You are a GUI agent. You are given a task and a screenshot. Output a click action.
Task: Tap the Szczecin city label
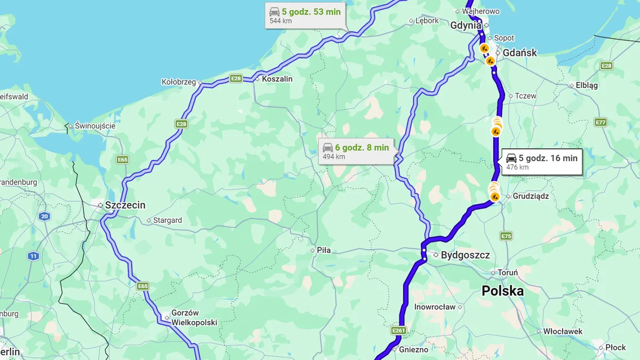(125, 205)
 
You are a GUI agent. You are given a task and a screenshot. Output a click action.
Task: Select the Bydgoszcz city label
(465, 255)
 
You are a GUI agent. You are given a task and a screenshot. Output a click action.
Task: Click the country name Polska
(502, 291)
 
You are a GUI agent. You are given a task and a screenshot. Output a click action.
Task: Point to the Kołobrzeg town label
(178, 82)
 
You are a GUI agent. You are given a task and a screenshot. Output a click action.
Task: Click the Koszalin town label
(277, 79)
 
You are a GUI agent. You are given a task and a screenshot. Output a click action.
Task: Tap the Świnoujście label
(95, 126)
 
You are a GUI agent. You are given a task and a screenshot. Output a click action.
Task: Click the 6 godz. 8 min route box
(356, 151)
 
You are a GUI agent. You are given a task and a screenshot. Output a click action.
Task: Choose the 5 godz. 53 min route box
(306, 15)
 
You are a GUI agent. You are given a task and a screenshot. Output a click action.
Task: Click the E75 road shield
(507, 236)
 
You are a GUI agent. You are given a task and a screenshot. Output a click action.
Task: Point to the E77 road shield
(601, 122)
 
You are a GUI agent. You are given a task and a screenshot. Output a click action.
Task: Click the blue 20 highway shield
(44, 216)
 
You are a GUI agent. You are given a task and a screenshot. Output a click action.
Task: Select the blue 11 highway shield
(34, 256)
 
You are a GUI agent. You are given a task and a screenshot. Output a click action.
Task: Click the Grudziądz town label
(530, 196)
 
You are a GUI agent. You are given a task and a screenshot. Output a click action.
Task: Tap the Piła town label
(323, 250)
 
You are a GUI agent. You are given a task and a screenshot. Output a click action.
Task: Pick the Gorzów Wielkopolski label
(194, 318)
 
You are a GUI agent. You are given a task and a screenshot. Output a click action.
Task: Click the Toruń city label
(507, 273)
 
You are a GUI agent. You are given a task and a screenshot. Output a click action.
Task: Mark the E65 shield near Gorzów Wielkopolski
(142, 286)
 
